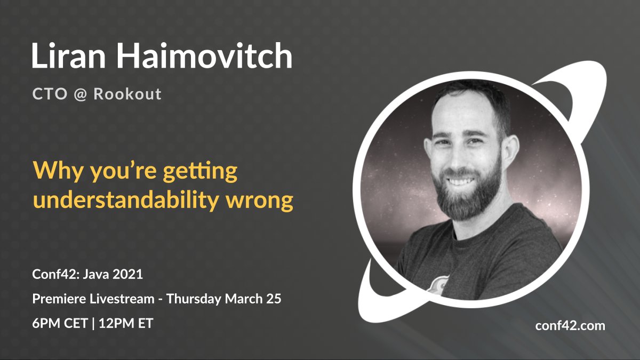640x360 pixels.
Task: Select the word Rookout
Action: tap(127, 94)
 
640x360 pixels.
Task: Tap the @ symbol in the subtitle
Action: tap(81, 94)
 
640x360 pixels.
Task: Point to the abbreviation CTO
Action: tap(51, 94)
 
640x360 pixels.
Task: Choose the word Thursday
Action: tap(194, 299)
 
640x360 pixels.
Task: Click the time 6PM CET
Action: tap(59, 323)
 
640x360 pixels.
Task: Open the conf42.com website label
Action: tap(570, 326)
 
